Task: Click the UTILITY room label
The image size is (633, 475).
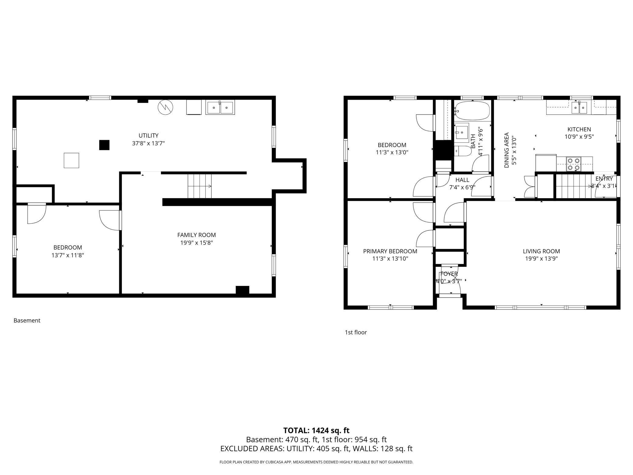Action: [x=149, y=135]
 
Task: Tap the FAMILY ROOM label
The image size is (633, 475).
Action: [x=196, y=235]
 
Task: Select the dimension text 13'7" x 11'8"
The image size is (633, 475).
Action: [x=68, y=255]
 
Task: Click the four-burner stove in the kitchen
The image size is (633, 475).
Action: [x=573, y=164]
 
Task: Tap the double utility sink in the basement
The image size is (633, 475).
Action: [x=220, y=108]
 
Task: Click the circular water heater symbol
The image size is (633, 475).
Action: [x=165, y=107]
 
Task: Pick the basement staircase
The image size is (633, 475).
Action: [x=200, y=186]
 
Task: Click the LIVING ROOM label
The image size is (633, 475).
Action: [x=541, y=251]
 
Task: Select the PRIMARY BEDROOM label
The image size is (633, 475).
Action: [x=390, y=251]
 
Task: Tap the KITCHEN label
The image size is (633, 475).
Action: [x=579, y=129]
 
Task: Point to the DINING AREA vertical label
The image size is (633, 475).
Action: [x=507, y=150]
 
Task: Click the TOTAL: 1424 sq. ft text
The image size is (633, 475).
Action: [x=316, y=431]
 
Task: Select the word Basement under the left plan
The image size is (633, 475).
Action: [x=27, y=320]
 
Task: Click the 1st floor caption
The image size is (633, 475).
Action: [x=355, y=332]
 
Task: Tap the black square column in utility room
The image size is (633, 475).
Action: [x=104, y=145]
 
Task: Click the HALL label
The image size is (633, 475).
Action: [x=462, y=180]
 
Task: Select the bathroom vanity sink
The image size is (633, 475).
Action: [x=462, y=132]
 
